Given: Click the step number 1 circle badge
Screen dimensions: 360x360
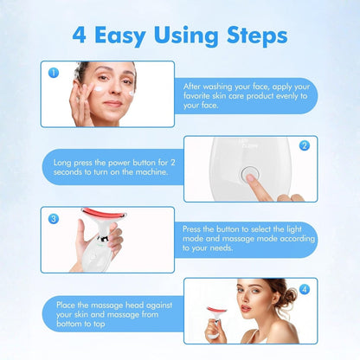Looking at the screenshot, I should coord(54,74).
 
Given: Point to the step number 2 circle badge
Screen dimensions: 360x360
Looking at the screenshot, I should coord(305,145).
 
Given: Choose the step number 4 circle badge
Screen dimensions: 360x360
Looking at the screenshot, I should coord(304,288).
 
